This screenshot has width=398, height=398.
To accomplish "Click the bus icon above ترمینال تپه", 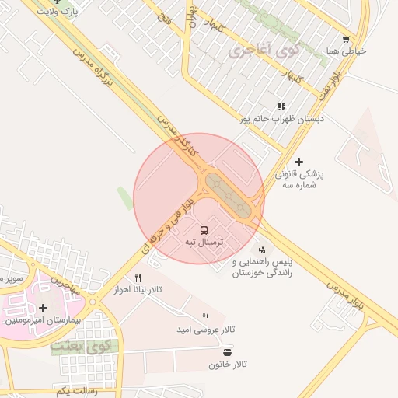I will [x=204, y=230].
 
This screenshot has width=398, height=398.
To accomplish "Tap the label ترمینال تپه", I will [x=204, y=243].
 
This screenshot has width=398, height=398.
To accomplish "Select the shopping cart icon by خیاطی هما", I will [x=346, y=39].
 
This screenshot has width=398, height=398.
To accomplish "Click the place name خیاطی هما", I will [x=346, y=51].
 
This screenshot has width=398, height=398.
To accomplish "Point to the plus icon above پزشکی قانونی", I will [x=298, y=162].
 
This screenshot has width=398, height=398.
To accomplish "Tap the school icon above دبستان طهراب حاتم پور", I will [x=281, y=106].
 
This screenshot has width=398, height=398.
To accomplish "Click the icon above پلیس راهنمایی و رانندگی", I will [x=262, y=250].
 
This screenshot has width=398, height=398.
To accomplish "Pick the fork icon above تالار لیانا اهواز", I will [x=138, y=277].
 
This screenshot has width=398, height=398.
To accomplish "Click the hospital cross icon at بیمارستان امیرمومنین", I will [x=43, y=308].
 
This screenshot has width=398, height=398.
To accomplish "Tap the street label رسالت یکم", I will [x=77, y=391].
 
